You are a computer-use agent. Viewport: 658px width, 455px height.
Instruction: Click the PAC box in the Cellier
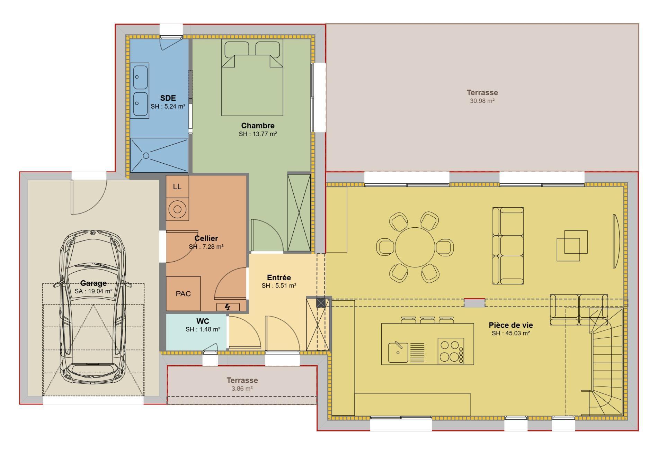tap(183, 293)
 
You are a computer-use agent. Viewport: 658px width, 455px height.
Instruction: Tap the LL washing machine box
tap(177, 186)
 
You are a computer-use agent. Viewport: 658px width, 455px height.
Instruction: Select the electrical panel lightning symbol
tap(228, 307)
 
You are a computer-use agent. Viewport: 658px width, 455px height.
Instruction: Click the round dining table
tap(415, 247)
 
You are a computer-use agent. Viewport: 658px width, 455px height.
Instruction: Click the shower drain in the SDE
tap(146, 156)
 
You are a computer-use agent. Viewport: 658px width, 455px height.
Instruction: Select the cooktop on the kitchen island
tap(451, 351)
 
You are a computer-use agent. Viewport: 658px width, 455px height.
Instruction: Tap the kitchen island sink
tap(398, 352)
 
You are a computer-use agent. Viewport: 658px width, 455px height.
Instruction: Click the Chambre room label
tap(258, 126)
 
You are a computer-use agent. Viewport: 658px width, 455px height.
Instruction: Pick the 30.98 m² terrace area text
tap(482, 101)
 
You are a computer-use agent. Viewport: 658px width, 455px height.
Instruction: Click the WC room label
tap(203, 321)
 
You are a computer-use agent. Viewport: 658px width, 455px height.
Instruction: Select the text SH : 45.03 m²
tap(510, 333)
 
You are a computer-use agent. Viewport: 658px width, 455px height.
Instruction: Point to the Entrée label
tap(279, 277)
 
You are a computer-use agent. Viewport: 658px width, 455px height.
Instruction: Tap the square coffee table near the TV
tap(572, 246)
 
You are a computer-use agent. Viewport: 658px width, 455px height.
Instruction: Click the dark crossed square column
tap(321, 303)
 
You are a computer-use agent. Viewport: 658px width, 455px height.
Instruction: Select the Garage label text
tap(93, 283)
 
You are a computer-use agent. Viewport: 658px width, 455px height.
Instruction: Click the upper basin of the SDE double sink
tap(140, 77)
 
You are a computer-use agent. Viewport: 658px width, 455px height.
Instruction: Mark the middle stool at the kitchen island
tap(427, 320)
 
